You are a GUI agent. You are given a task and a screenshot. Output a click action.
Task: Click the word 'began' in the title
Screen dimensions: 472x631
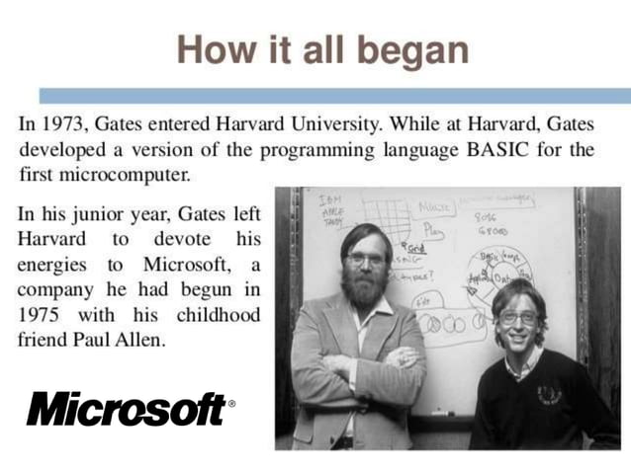click(418, 49)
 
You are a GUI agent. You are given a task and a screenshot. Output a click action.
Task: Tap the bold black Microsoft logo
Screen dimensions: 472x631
click(126, 407)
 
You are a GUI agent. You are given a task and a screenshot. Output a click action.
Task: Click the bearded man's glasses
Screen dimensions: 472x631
click(366, 259)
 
